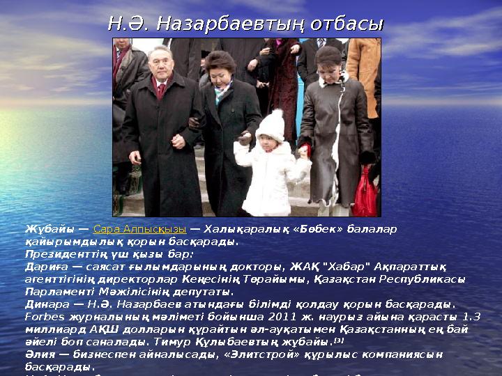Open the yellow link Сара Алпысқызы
139,228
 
